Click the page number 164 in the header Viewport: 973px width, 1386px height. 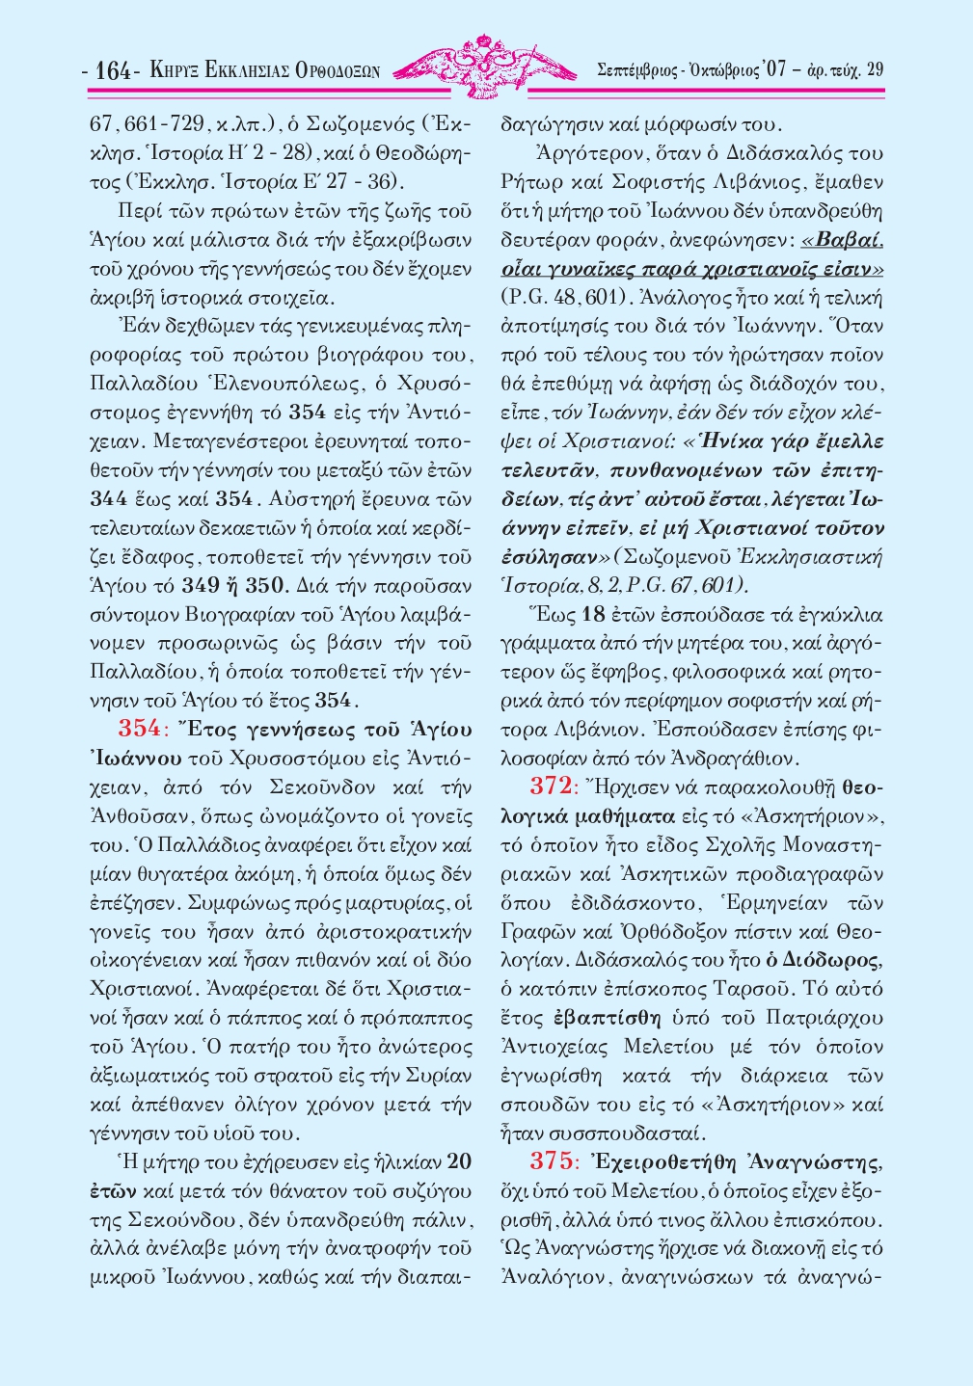point(114,70)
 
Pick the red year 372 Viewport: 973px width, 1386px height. point(551,786)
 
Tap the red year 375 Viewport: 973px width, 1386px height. point(551,1161)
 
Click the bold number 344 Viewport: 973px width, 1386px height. point(109,498)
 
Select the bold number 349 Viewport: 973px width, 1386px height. point(201,584)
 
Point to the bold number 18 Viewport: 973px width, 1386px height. point(594,614)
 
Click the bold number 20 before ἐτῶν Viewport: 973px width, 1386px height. point(460,1160)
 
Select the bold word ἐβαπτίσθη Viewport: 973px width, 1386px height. point(607,1017)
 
